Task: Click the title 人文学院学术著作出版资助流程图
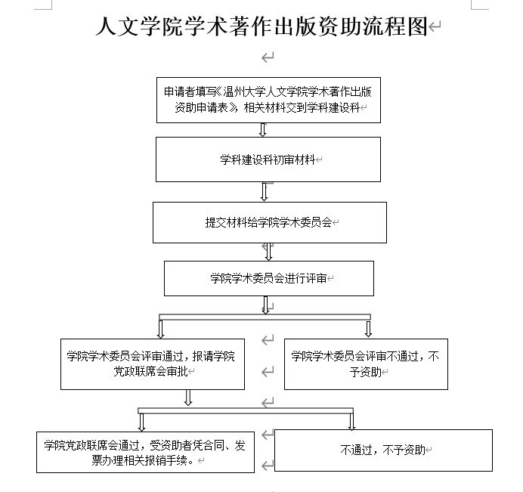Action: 261,27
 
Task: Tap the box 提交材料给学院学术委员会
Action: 269,222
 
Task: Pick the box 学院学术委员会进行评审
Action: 269,278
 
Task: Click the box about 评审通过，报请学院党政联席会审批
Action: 151,364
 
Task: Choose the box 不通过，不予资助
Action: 383,450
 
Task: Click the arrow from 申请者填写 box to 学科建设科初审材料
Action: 264,129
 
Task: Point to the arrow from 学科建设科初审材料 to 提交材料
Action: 265,192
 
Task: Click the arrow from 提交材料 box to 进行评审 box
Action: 268,252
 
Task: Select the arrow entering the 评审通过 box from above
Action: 160,329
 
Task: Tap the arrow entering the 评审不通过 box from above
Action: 368,329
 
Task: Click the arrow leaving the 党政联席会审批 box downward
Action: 188,398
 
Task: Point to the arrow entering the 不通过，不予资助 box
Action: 351,421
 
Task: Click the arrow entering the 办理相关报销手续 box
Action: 141,421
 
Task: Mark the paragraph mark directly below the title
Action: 267,57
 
